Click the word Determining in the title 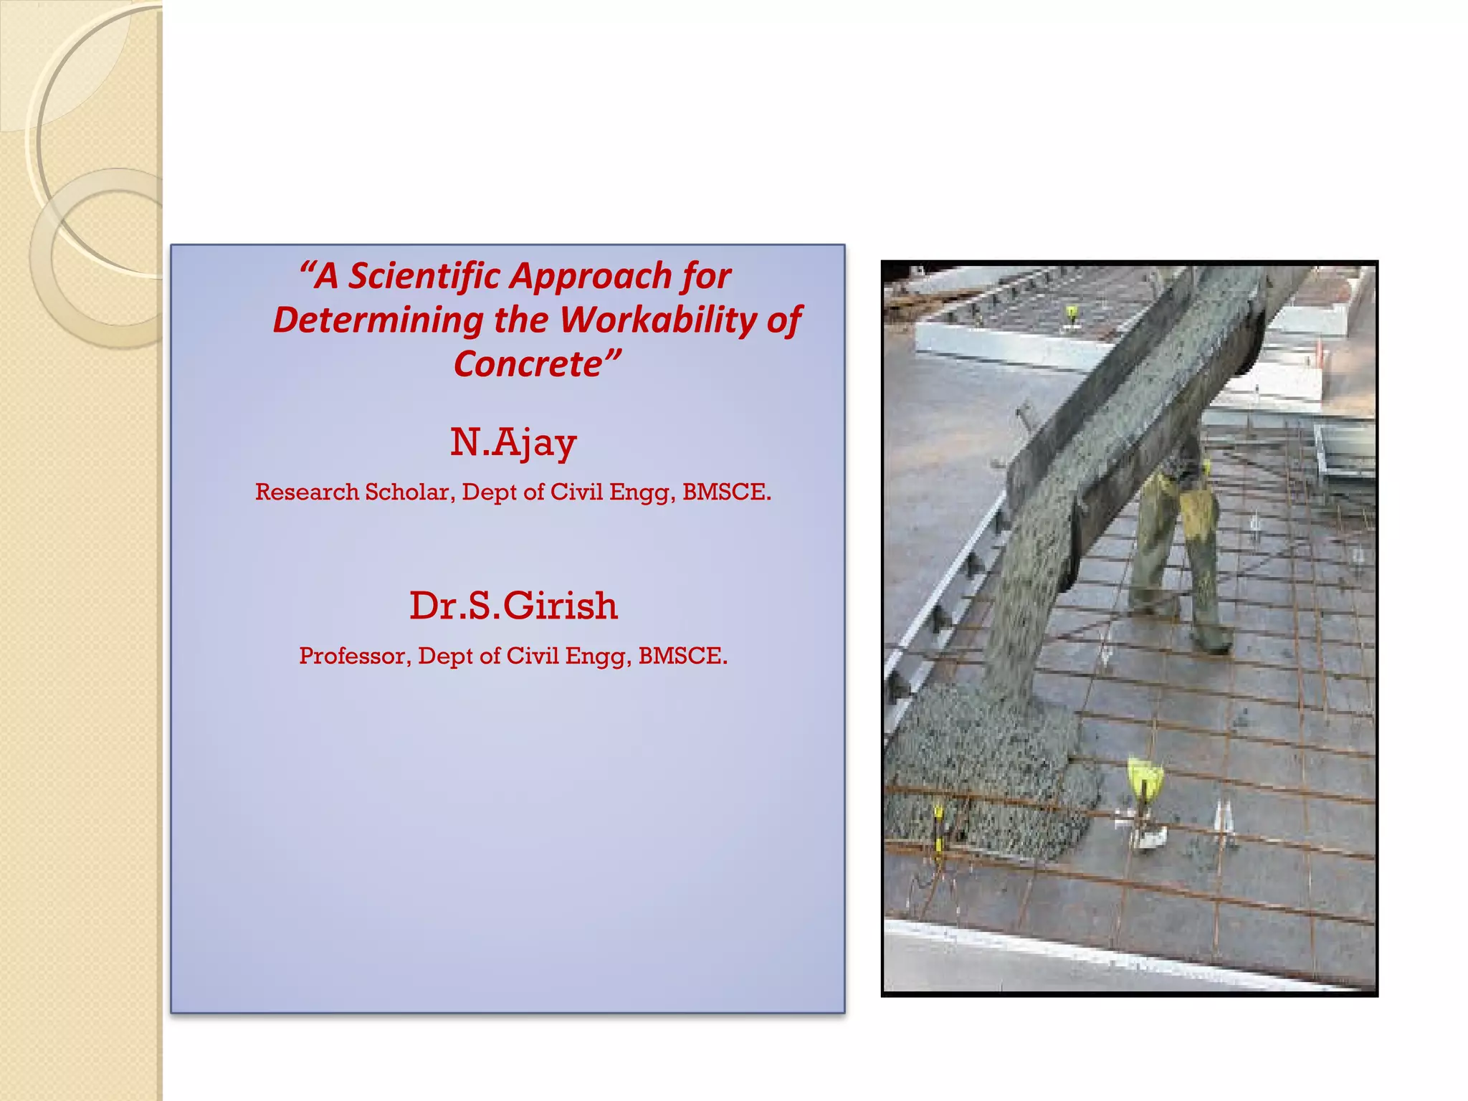pos(378,320)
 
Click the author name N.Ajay pos(513,442)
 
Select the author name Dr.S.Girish pos(513,606)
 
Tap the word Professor pos(355,655)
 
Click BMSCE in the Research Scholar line pos(725,492)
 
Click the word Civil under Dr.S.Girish pos(533,655)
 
